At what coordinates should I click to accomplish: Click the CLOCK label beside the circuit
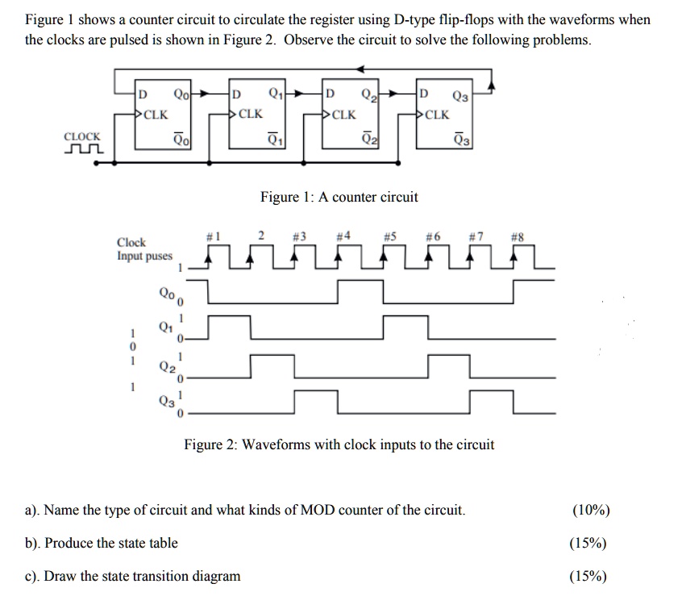(82, 137)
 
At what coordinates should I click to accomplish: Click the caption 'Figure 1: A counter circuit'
(339, 197)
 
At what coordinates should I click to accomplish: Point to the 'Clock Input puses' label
(144, 249)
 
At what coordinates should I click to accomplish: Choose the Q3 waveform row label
(166, 399)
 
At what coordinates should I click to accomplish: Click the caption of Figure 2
(339, 444)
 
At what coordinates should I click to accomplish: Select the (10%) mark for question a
(591, 510)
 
